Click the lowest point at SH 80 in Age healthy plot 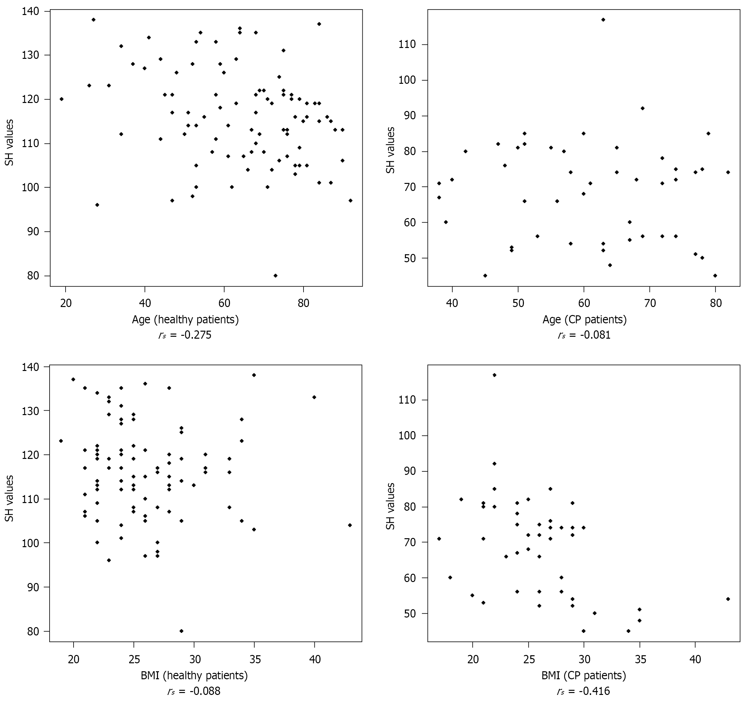[275, 275]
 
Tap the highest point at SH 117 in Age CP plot [603, 20]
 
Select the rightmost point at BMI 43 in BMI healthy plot [350, 525]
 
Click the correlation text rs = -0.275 [185, 335]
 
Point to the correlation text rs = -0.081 [584, 335]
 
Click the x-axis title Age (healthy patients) [185, 319]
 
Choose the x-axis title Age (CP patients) [584, 319]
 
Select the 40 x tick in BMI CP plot [695, 659]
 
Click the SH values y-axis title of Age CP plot [390, 150]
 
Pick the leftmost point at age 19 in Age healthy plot [62, 99]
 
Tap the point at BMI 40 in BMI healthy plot [314, 397]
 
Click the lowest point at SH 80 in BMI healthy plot [182, 631]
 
